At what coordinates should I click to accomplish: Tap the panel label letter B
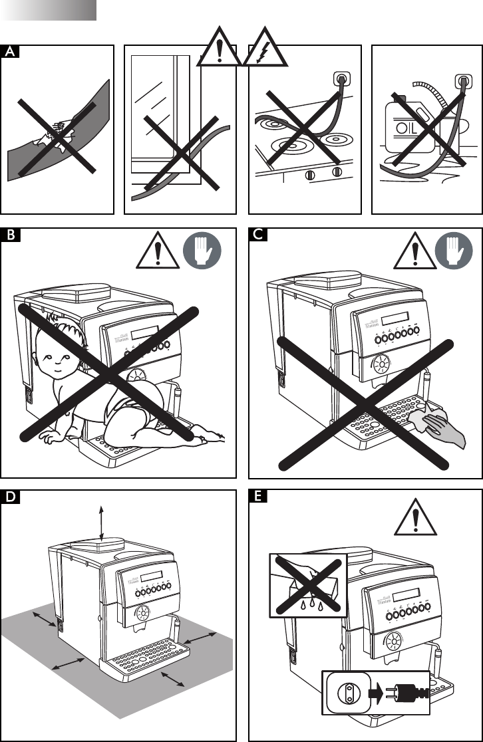click(x=9, y=235)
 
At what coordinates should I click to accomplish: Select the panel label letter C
click(x=257, y=235)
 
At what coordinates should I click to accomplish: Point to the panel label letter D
click(x=9, y=497)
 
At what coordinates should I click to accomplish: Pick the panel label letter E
click(x=257, y=497)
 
